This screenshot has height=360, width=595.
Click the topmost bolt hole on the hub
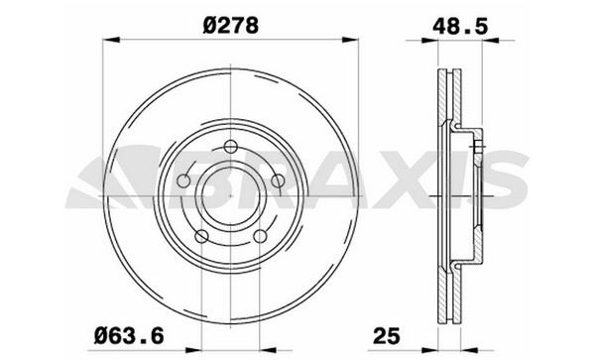coord(229,149)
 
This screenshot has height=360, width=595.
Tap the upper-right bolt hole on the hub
coord(277,180)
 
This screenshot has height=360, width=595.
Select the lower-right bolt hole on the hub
coord(262,236)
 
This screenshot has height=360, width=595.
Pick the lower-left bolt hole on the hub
coord(200,236)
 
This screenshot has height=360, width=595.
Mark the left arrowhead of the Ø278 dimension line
coord(108,40)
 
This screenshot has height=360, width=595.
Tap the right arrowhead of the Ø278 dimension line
coord(351,40)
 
